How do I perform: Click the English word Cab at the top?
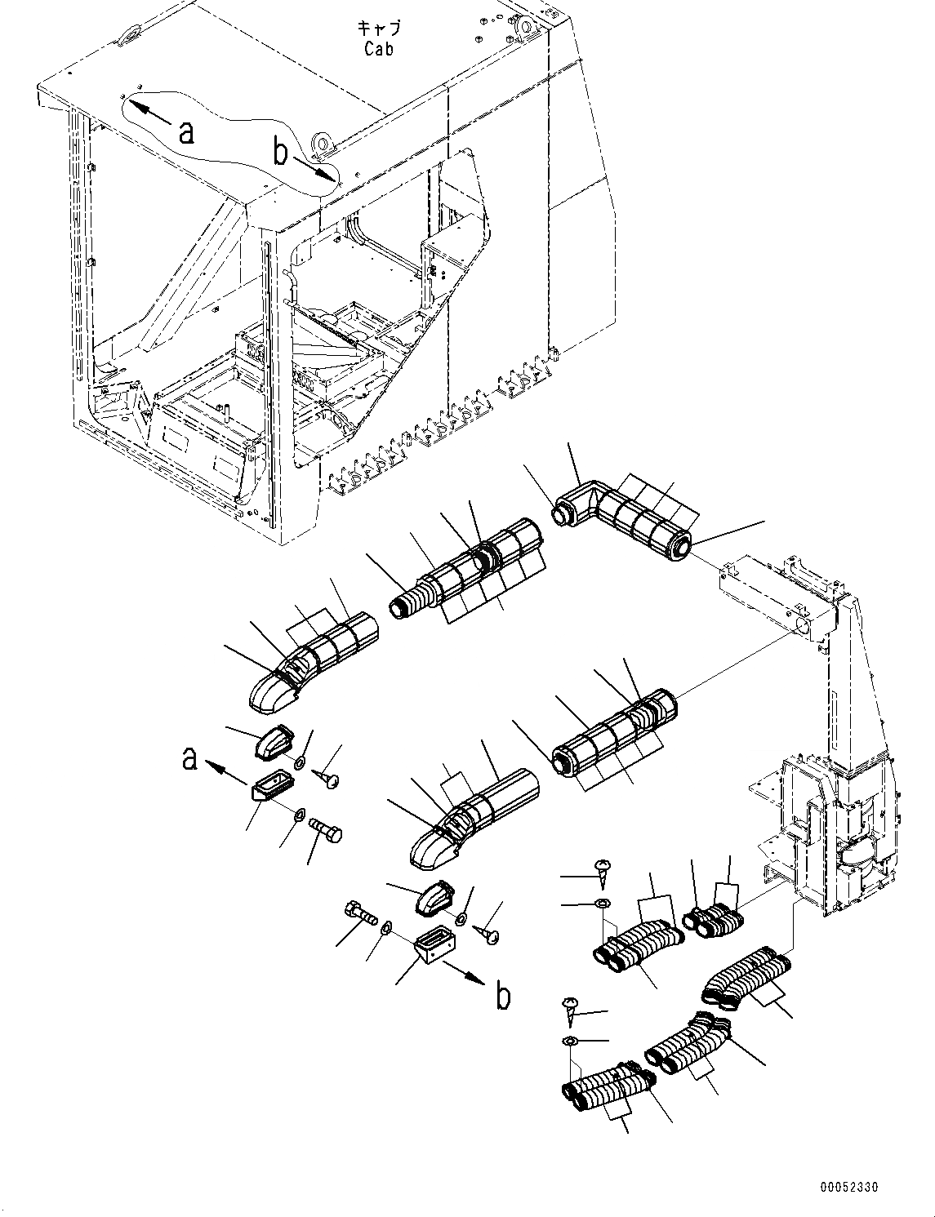(x=379, y=49)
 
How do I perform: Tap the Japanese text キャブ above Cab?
(x=379, y=29)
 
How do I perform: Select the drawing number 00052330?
(x=850, y=1188)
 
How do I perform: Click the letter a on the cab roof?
(x=187, y=131)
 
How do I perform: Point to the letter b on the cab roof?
(x=280, y=151)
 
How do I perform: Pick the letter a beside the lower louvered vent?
(x=189, y=758)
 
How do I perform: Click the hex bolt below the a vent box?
(x=326, y=833)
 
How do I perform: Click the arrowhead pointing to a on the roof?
(x=133, y=104)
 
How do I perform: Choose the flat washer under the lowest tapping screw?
(x=570, y=1042)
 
